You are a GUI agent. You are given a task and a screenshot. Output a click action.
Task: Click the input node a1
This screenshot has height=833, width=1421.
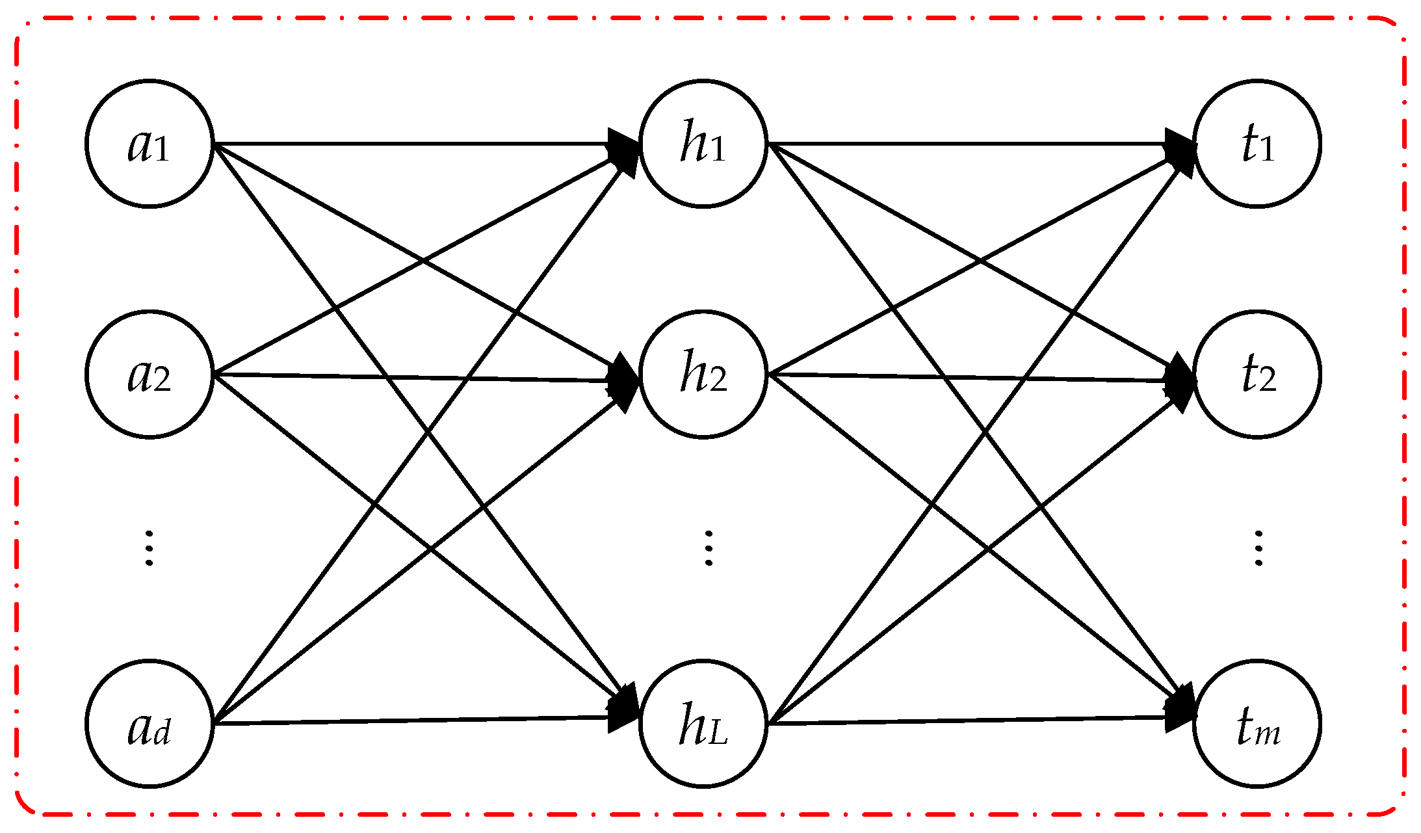[150, 143]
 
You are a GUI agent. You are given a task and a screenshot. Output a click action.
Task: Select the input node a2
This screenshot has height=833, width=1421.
[150, 375]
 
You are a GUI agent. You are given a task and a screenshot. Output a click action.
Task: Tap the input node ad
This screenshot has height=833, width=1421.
[150, 723]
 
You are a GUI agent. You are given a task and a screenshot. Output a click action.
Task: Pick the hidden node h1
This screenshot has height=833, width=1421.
[703, 143]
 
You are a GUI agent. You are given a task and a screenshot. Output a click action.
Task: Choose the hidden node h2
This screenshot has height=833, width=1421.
[703, 375]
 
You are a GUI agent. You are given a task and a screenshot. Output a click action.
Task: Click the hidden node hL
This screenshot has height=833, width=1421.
[703, 723]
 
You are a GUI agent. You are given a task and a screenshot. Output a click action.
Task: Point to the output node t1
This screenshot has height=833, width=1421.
[1257, 143]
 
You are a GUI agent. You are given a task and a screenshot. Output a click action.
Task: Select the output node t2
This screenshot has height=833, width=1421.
[1257, 375]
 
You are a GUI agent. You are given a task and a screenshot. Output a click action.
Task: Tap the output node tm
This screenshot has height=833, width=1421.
[1257, 723]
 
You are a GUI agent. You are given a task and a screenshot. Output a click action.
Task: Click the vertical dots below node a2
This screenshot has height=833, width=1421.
[150, 548]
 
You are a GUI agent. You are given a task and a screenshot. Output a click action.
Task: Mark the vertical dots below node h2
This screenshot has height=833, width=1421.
[709, 548]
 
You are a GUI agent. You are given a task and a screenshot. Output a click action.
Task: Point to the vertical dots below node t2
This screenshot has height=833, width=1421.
[1258, 548]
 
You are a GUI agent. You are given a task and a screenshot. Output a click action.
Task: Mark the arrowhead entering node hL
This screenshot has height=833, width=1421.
[624, 715]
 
